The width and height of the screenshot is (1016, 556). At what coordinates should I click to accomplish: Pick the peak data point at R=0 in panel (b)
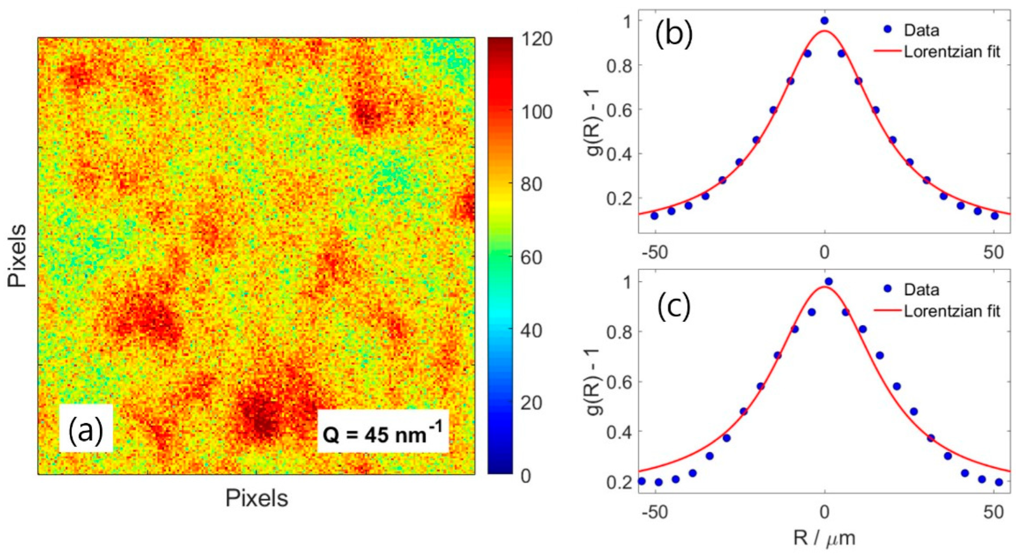824,21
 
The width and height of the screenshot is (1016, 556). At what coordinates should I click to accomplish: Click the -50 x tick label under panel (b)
655,252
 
